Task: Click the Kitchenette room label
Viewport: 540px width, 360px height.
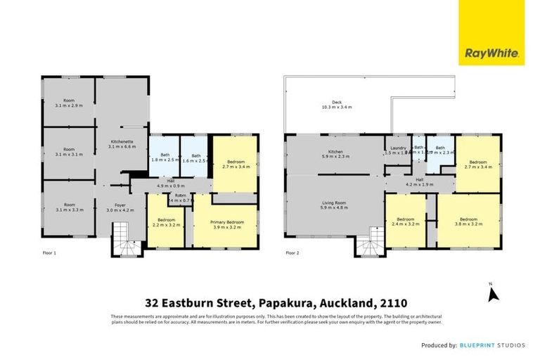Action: pyautogui.click(x=122, y=143)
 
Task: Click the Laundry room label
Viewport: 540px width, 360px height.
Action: pyautogui.click(x=397, y=150)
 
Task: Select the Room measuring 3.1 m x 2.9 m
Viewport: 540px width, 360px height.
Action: pyautogui.click(x=69, y=103)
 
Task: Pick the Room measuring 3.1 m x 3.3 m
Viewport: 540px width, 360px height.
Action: pyautogui.click(x=69, y=207)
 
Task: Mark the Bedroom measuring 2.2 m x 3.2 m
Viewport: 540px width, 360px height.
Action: pyautogui.click(x=167, y=224)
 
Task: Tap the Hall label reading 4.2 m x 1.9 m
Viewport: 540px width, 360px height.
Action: pyautogui.click(x=420, y=182)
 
